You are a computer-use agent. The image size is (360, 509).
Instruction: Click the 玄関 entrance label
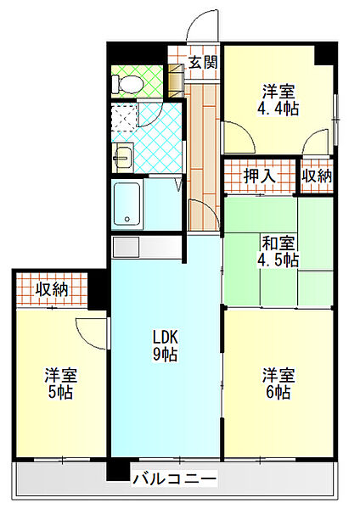[x=203, y=62]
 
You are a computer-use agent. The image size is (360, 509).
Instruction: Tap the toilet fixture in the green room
[x=127, y=84]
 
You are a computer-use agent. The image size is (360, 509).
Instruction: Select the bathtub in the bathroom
[x=127, y=204]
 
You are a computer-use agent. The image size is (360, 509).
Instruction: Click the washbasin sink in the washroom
[x=123, y=158]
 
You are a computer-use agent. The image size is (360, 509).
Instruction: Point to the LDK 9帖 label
[x=165, y=345]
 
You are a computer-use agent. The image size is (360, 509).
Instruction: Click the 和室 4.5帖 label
[x=278, y=251]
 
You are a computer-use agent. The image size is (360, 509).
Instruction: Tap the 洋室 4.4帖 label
[x=278, y=100]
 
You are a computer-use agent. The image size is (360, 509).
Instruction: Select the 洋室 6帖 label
[x=278, y=383]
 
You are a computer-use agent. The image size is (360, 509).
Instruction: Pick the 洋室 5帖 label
[x=61, y=383]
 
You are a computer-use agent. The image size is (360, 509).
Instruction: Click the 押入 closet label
[x=259, y=176]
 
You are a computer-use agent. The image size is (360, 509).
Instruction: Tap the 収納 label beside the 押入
[x=317, y=176]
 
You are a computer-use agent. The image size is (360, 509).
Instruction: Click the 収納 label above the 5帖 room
[x=52, y=289]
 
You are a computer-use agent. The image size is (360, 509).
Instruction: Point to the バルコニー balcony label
[x=174, y=478]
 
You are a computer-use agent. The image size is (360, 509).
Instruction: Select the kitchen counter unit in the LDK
[x=147, y=248]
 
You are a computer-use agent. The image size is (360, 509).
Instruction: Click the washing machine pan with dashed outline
[x=124, y=117]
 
